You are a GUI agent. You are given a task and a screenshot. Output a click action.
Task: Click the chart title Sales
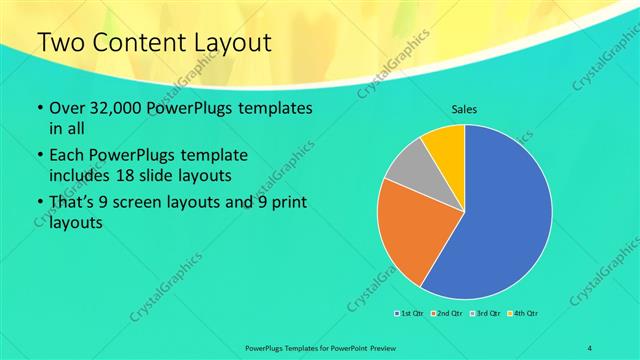tap(465, 107)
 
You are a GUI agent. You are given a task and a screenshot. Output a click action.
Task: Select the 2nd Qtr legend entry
tap(446, 314)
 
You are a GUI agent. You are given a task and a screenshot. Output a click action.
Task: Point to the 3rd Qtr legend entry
tap(483, 314)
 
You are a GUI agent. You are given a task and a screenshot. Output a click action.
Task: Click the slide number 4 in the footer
tap(591, 347)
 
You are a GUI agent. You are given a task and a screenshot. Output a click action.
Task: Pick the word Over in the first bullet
tap(67, 108)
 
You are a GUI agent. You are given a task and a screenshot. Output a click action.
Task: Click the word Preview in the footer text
tap(393, 347)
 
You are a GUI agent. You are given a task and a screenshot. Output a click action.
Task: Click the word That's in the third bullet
tap(74, 203)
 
